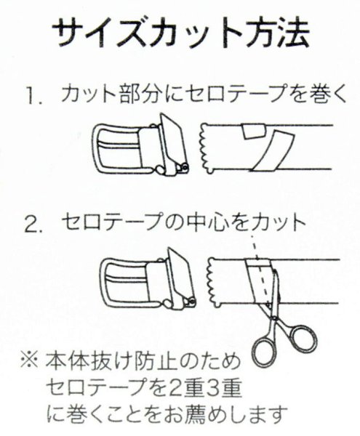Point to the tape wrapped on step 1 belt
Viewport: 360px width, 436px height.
(265, 149)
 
